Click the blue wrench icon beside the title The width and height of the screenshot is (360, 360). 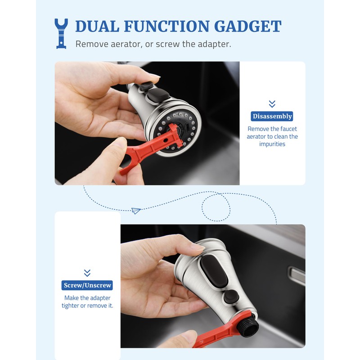(x=61, y=33)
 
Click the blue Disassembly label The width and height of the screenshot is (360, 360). (x=272, y=116)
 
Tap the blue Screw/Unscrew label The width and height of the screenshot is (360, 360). (x=87, y=285)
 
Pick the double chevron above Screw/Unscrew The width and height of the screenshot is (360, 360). (x=87, y=273)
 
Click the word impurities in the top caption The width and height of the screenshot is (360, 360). (x=272, y=144)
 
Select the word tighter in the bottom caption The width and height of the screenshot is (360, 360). (x=72, y=306)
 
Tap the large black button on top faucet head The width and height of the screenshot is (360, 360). (x=160, y=95)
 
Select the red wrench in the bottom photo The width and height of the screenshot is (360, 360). (x=220, y=335)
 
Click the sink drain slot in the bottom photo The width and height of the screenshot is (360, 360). (x=297, y=274)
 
